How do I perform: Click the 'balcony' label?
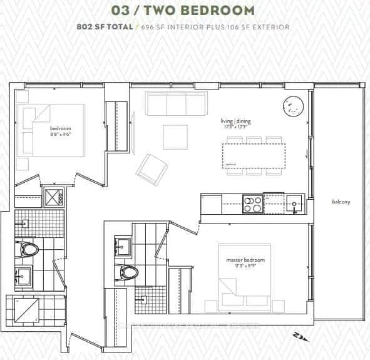click(x=341, y=202)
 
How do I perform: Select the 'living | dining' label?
click(x=235, y=121)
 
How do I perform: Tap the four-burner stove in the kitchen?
click(x=253, y=204)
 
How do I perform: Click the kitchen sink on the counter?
click(x=294, y=203)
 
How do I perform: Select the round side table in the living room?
click(x=292, y=107)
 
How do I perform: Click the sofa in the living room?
click(x=176, y=104)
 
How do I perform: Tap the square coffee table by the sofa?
click(x=175, y=137)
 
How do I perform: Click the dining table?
click(x=254, y=154)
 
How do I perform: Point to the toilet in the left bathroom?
click(x=29, y=250)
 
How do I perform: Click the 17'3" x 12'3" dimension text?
click(x=235, y=127)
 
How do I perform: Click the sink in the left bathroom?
click(x=24, y=276)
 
